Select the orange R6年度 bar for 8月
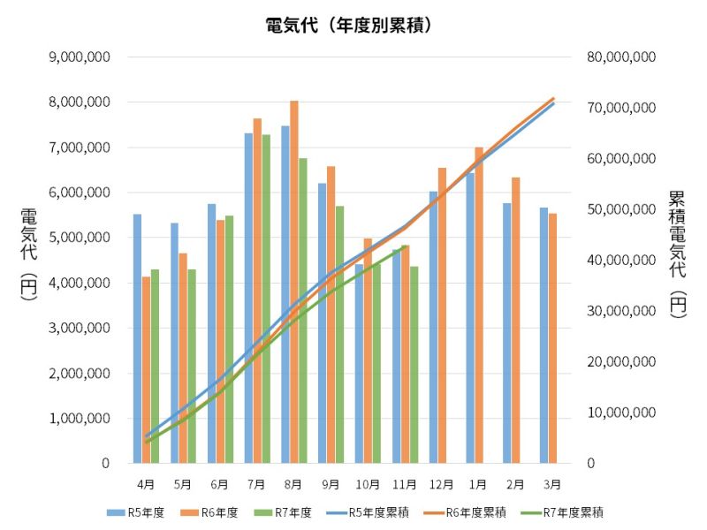coord(294,283)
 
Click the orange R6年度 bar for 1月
coord(479,305)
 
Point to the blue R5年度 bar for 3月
coord(544,336)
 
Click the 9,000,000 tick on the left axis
coord(80,57)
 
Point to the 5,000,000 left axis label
coord(80,238)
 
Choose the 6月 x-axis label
coord(220,484)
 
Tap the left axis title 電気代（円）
coord(29,255)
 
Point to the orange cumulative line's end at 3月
coord(553,98)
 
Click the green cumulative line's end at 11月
coord(405,248)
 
